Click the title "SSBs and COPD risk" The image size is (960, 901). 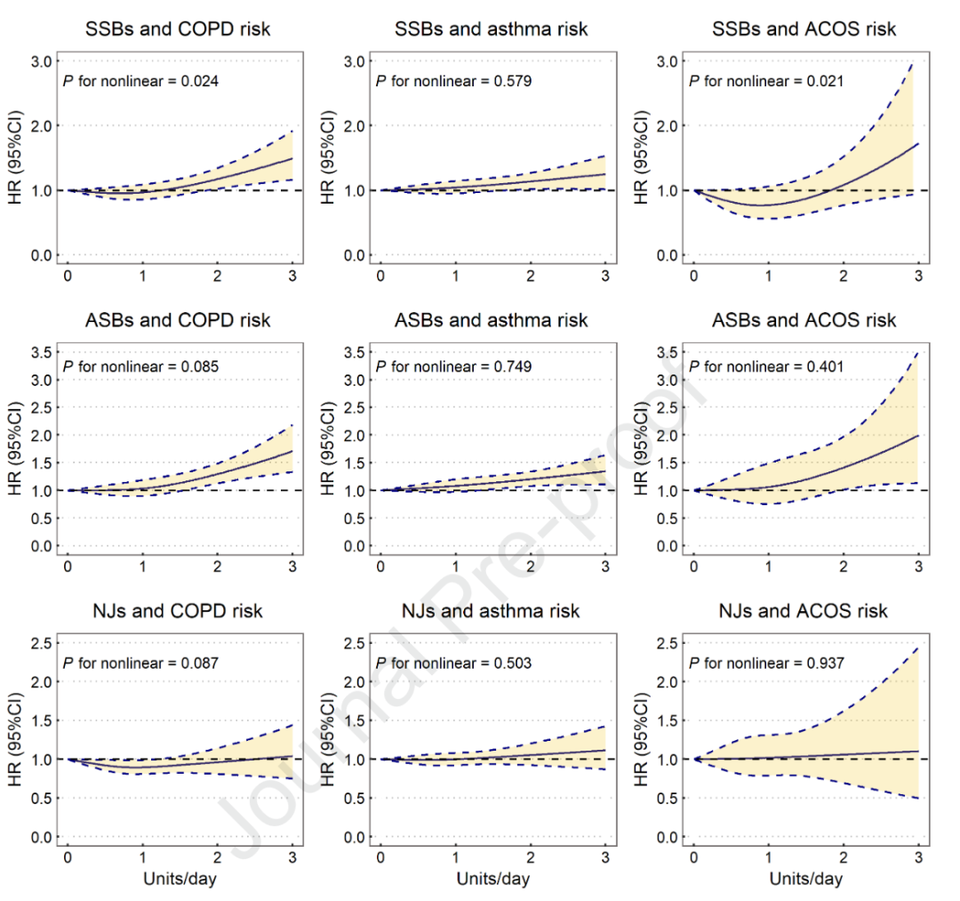coord(178,29)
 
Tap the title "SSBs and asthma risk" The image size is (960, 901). coord(492,29)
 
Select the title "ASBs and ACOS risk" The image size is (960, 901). coord(804,320)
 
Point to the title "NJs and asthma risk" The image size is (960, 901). coord(492,611)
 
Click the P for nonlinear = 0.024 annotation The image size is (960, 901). coord(140,81)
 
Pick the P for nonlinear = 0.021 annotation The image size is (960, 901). coord(767,81)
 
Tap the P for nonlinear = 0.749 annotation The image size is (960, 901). coord(454,366)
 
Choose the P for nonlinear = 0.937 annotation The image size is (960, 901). coord(767,663)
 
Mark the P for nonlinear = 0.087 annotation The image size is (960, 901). coord(140,663)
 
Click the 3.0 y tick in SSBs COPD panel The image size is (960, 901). coord(41,61)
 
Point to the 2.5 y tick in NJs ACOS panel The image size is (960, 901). coord(667,643)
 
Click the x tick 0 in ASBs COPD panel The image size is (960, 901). coord(68,567)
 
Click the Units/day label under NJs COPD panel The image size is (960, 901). coord(180,880)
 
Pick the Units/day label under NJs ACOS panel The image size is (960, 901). coord(805,880)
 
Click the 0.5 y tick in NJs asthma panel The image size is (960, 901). coord(354,798)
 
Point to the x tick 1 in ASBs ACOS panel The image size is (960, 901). coord(768,567)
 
